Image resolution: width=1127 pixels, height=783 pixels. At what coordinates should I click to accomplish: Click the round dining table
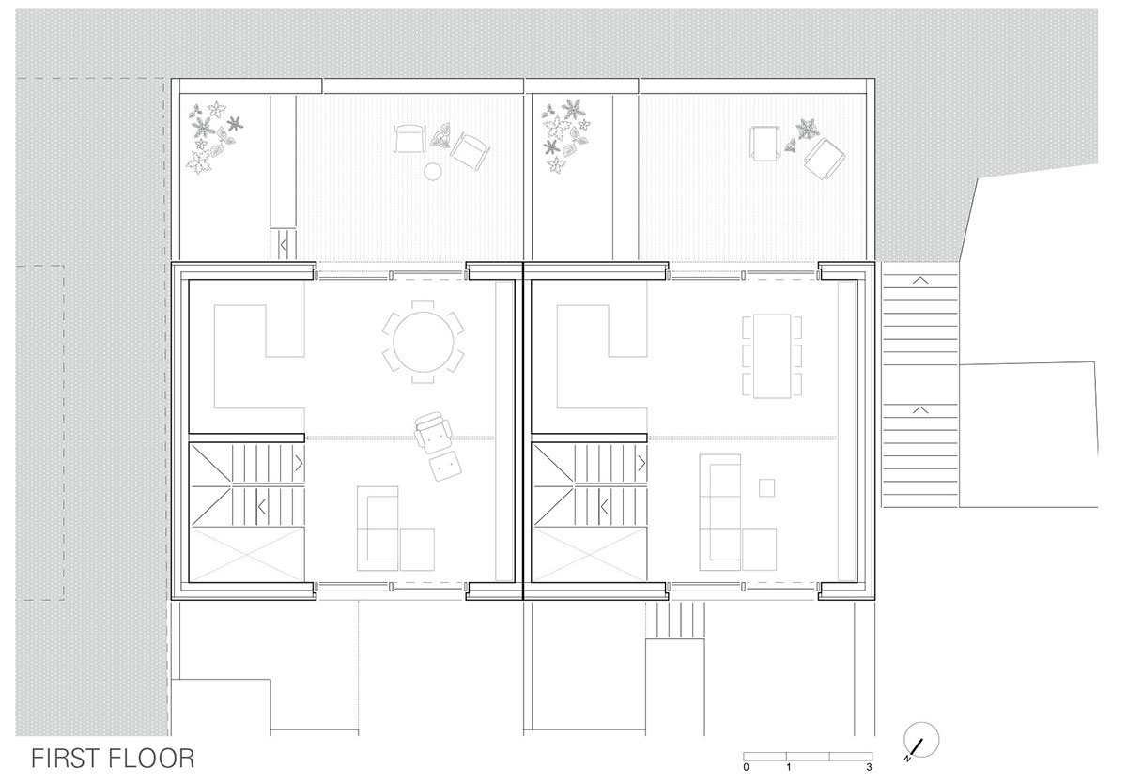(424, 342)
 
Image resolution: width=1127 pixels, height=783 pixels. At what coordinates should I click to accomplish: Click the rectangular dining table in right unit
(772, 356)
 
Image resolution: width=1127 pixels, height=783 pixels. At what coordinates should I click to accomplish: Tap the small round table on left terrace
(433, 172)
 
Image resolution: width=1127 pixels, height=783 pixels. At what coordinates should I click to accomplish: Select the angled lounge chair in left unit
(433, 430)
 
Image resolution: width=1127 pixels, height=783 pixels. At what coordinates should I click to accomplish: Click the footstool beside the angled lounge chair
(446, 466)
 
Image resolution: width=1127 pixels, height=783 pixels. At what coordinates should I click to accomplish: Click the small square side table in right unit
(766, 488)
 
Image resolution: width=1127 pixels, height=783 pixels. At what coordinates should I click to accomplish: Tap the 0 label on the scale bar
(746, 767)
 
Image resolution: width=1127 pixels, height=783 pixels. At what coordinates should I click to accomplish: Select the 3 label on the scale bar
(869, 767)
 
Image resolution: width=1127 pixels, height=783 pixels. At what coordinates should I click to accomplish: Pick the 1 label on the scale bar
(788, 767)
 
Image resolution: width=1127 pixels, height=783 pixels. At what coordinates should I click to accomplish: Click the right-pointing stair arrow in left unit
(299, 463)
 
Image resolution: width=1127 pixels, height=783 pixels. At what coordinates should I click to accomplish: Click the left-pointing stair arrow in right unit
(604, 507)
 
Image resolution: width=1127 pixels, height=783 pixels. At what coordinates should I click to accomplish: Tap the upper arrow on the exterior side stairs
(920, 280)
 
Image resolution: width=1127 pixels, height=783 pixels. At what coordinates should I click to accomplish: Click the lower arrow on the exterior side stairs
(920, 410)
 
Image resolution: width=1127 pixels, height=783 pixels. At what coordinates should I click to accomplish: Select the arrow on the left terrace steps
(284, 245)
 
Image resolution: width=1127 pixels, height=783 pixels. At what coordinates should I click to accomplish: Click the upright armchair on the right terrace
(764, 144)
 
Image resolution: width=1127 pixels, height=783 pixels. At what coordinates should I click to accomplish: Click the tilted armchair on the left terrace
(470, 151)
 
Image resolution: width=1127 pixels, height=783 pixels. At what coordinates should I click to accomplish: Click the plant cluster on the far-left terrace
(214, 137)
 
